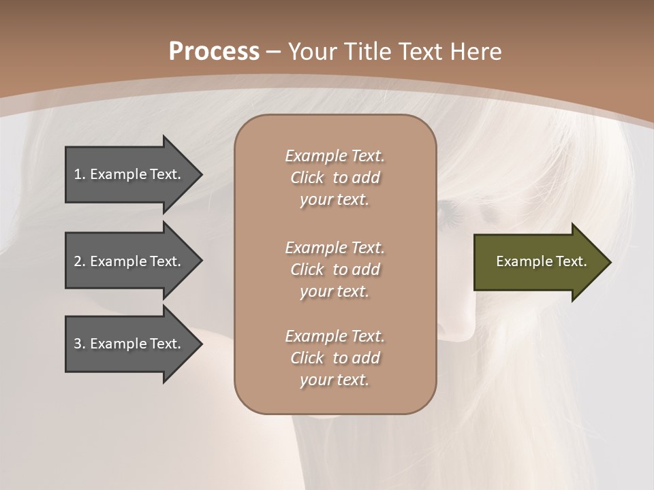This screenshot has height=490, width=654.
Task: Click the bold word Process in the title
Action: (214, 51)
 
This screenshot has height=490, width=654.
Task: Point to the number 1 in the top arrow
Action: (78, 174)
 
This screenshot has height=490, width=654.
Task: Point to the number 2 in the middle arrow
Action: (78, 261)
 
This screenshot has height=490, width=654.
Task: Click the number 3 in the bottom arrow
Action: (78, 344)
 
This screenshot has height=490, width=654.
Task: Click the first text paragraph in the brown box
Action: (334, 178)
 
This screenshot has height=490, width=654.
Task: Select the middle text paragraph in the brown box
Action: (334, 269)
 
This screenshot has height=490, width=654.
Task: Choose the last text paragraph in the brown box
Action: (334, 358)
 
